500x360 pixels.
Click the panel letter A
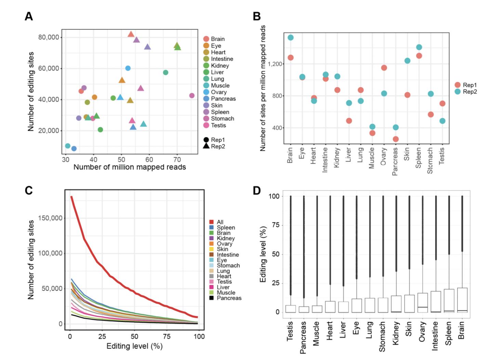pyautogui.click(x=29, y=16)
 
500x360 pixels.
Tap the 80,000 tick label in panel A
pyautogui.click(x=49, y=37)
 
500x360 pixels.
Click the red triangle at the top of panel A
pyautogui.click(x=131, y=34)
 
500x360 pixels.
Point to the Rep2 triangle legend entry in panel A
pyautogui.click(x=214, y=146)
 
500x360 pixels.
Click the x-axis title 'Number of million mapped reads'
pyautogui.click(x=130, y=167)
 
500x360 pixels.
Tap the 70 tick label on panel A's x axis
pyautogui.click(x=177, y=159)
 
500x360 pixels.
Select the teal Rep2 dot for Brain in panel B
pyautogui.click(x=290, y=38)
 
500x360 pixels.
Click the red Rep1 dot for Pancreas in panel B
pyautogui.click(x=396, y=139)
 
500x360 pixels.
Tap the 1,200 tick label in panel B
pyautogui.click(x=275, y=64)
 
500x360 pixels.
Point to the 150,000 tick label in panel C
pyautogui.click(x=50, y=218)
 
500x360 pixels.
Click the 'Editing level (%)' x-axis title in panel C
pyautogui.click(x=134, y=346)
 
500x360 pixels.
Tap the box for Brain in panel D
pyautogui.click(x=462, y=300)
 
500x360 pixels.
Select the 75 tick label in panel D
pyautogui.click(x=275, y=225)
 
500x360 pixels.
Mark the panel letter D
pyautogui.click(x=256, y=191)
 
